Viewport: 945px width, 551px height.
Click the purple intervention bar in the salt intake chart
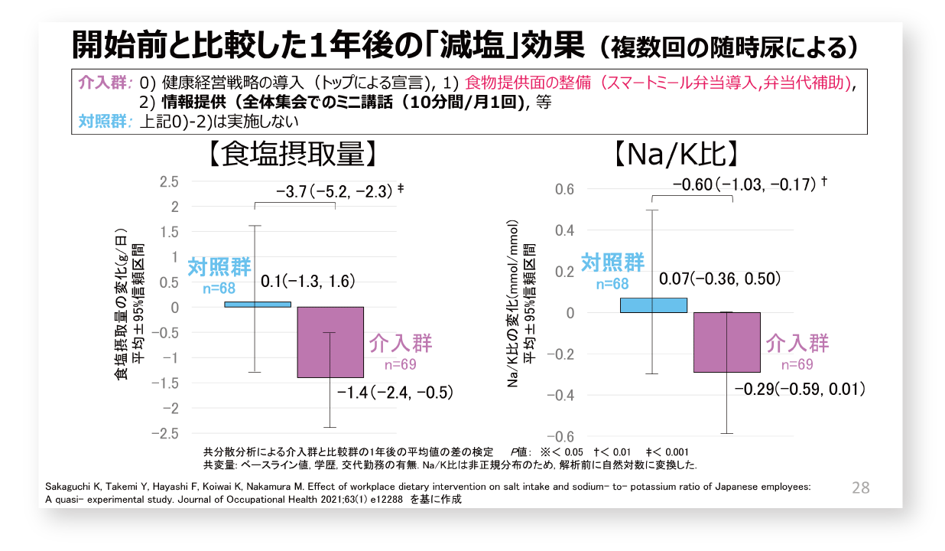click(x=330, y=342)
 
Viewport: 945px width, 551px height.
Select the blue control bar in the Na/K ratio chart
click(x=653, y=305)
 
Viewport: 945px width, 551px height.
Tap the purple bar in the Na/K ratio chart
click(x=726, y=342)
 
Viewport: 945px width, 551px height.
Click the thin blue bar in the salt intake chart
click(x=257, y=304)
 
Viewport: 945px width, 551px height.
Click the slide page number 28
click(x=861, y=487)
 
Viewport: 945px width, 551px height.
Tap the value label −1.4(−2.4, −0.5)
click(x=395, y=393)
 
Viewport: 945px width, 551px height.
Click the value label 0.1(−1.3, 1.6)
click(x=308, y=282)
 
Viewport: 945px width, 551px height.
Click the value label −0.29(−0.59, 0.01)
click(x=799, y=390)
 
